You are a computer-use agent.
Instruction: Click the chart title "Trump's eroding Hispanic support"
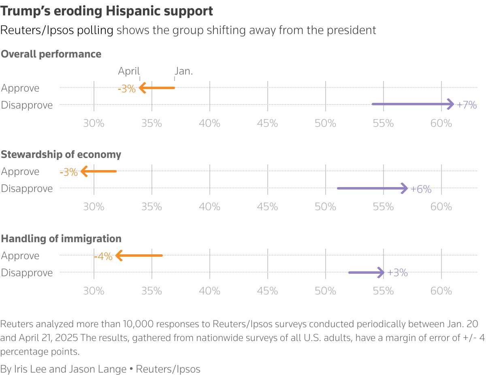pyautogui.click(x=107, y=11)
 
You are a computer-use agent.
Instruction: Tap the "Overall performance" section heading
pyautogui.click(x=51, y=54)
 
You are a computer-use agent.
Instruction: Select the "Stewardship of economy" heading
pyautogui.click(x=61, y=154)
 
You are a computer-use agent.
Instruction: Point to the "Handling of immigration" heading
pyautogui.click(x=61, y=239)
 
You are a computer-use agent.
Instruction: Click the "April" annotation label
pyautogui.click(x=128, y=71)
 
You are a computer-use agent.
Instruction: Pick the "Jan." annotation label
pyautogui.click(x=184, y=71)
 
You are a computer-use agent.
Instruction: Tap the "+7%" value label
pyautogui.click(x=466, y=105)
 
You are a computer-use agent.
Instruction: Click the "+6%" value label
pyautogui.click(x=421, y=189)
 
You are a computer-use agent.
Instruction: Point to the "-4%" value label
pyautogui.click(x=103, y=256)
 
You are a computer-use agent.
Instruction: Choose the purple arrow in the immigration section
pyautogui.click(x=366, y=272)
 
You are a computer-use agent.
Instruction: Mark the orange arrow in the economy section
pyautogui.click(x=99, y=171)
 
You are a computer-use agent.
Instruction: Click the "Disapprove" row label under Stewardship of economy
pyautogui.click(x=27, y=188)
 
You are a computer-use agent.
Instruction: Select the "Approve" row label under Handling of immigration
pyautogui.click(x=20, y=256)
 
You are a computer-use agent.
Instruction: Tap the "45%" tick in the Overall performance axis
pyautogui.click(x=267, y=123)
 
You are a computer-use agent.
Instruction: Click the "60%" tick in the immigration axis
pyautogui.click(x=441, y=291)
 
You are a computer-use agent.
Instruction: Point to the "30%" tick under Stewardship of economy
pyautogui.click(x=94, y=207)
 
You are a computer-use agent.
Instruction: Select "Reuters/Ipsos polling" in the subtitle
pyautogui.click(x=57, y=30)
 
